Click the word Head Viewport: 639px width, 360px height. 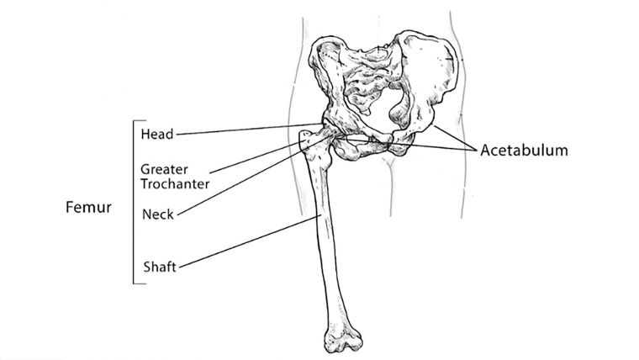coord(157,134)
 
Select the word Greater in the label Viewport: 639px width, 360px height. coord(164,169)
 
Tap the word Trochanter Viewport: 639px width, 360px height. coord(175,184)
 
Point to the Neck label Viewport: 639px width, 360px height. coord(158,214)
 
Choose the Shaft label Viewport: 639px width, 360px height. coord(160,267)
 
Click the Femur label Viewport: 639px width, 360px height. coord(88,207)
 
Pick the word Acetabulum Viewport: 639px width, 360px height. coord(524,150)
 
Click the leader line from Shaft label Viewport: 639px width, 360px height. coord(248,241)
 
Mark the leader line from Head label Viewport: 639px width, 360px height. coord(250,129)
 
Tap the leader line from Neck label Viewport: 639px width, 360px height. coord(254,176)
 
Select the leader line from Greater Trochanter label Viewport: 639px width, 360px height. coord(256,157)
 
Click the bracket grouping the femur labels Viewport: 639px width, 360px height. coord(134,202)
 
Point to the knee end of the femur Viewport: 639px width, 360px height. coord(343,336)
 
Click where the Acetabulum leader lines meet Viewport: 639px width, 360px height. coord(477,151)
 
